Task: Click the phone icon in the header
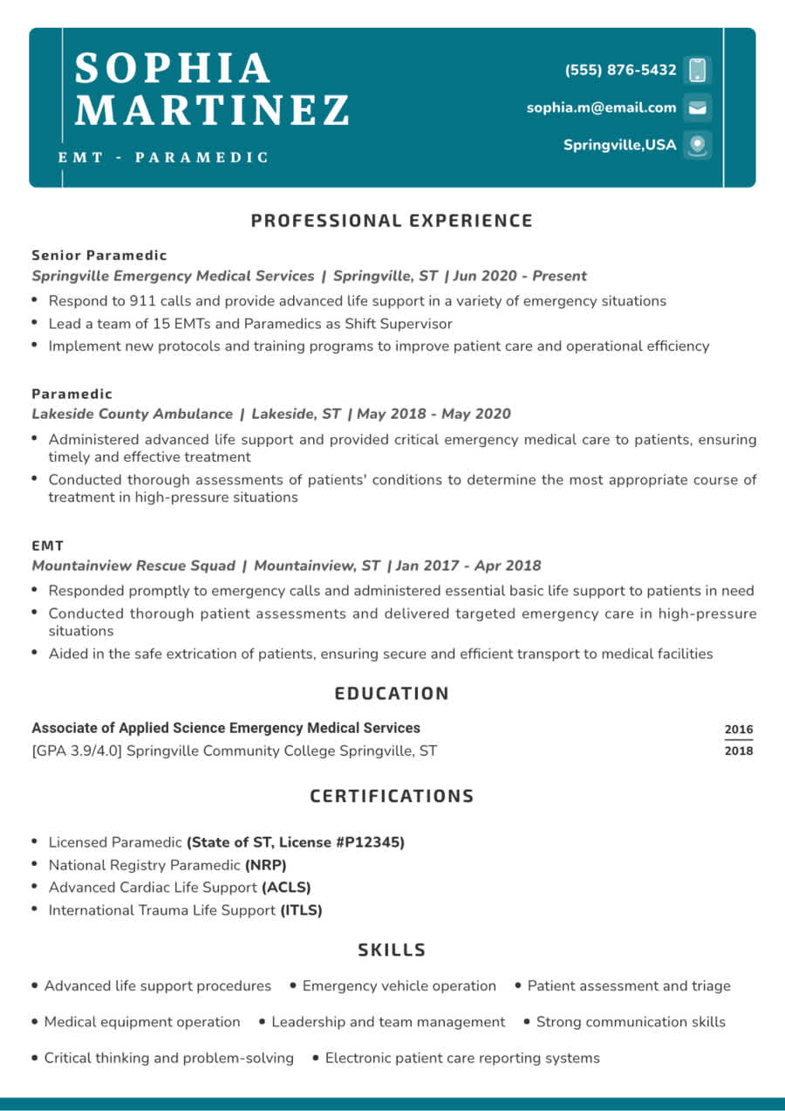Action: (x=697, y=70)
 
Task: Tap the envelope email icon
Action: (x=697, y=108)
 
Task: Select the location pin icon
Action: (x=697, y=145)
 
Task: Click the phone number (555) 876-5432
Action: (x=620, y=70)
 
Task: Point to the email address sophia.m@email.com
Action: (x=601, y=108)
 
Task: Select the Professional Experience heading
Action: (x=392, y=221)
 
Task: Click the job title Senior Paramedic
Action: (x=99, y=256)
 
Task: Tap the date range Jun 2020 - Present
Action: (x=520, y=276)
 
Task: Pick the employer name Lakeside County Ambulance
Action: (x=132, y=414)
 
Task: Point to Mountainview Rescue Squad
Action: (x=133, y=566)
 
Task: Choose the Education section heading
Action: (x=392, y=694)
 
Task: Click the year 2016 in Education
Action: (x=738, y=730)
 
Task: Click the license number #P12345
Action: (x=370, y=842)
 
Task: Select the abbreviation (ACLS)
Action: (x=286, y=888)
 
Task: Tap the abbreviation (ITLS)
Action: (x=301, y=910)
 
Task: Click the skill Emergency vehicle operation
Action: (x=399, y=986)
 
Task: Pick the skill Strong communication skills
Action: (x=631, y=1022)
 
